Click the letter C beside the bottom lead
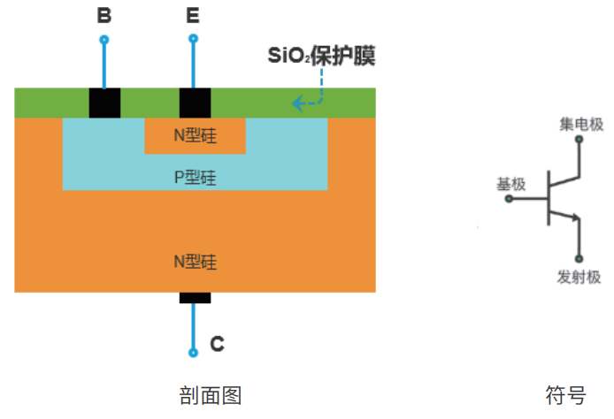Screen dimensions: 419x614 (x=217, y=345)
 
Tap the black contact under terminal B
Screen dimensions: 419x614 (x=104, y=103)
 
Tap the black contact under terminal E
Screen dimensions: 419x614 (x=195, y=103)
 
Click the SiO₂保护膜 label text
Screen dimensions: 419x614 (x=322, y=57)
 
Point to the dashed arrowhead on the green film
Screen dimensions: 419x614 (x=296, y=103)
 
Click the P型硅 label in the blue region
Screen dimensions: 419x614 (x=196, y=177)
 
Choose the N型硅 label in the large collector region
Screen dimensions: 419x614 (x=196, y=262)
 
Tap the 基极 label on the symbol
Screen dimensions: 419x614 (x=510, y=184)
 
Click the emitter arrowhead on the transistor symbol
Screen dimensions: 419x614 (x=575, y=217)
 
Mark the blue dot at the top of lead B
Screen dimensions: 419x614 (x=104, y=40)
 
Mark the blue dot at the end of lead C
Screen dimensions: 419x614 (x=194, y=353)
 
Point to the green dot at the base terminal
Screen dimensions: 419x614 (x=509, y=199)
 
